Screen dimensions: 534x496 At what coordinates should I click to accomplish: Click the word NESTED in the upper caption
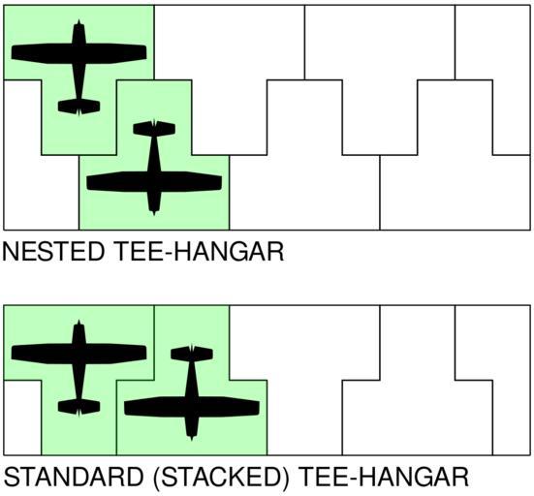click(53, 252)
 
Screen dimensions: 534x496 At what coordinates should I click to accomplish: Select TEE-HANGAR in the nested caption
click(200, 252)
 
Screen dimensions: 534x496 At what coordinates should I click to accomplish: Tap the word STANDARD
click(74, 477)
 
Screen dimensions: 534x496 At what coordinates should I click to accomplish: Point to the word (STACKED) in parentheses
click(221, 477)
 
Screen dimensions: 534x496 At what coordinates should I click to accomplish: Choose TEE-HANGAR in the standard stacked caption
click(385, 477)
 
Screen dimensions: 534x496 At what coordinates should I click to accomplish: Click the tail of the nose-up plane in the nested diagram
click(79, 107)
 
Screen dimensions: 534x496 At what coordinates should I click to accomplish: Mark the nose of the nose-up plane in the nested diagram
click(79, 20)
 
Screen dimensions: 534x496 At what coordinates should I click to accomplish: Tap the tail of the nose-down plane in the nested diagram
click(154, 128)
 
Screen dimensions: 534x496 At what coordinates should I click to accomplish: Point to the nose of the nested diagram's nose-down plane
click(154, 214)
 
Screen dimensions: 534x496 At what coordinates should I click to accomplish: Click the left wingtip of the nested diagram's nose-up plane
click(12, 52)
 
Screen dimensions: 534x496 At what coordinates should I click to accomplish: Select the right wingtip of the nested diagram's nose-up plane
click(146, 52)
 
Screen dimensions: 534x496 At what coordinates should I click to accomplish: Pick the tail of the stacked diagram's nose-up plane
click(79, 407)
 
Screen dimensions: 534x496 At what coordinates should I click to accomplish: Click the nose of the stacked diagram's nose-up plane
click(79, 321)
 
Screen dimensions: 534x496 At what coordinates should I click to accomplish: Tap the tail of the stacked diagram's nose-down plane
click(192, 354)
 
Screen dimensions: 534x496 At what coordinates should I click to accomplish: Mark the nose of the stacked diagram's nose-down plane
click(192, 440)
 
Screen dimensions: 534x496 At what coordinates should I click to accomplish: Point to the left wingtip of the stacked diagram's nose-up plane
click(12, 353)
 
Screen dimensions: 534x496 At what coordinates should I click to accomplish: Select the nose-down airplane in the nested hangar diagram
click(154, 180)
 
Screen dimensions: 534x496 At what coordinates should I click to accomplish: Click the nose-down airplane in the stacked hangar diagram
click(192, 406)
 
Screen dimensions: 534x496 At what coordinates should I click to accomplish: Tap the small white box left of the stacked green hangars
click(22, 418)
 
